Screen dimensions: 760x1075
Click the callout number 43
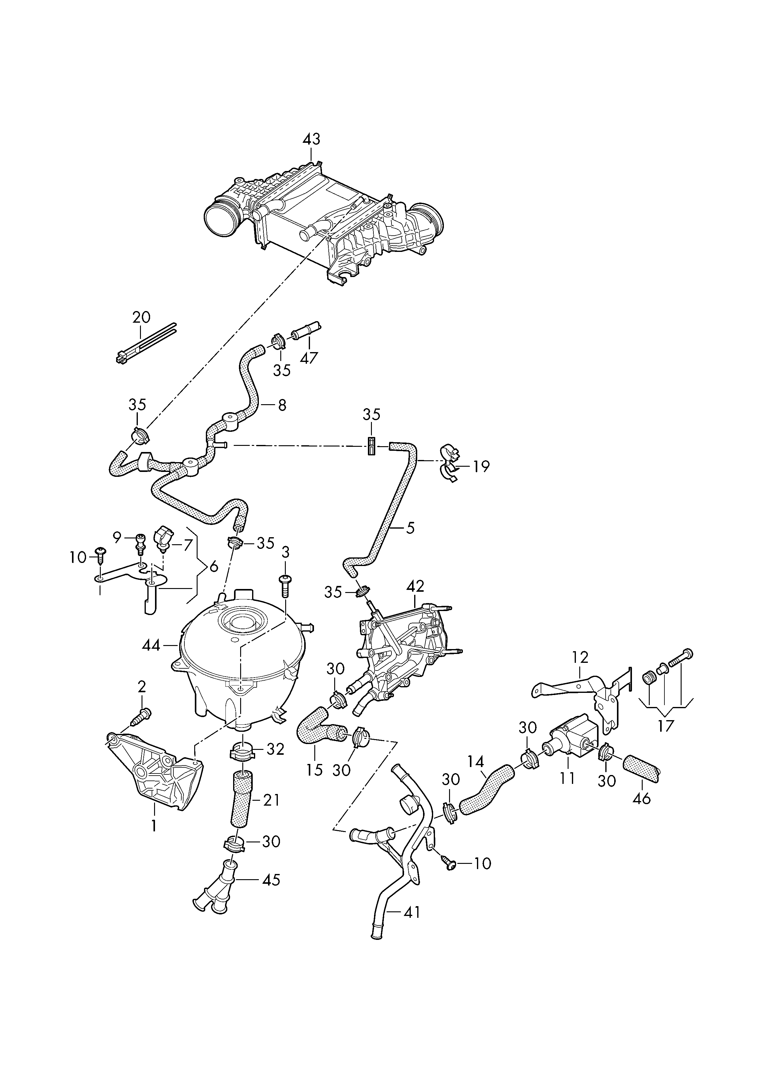(x=311, y=139)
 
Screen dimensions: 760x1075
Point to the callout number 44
(x=151, y=646)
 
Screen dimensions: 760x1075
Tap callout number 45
(x=271, y=880)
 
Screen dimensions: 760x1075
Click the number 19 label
(x=481, y=466)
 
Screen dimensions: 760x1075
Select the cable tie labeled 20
(x=145, y=343)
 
